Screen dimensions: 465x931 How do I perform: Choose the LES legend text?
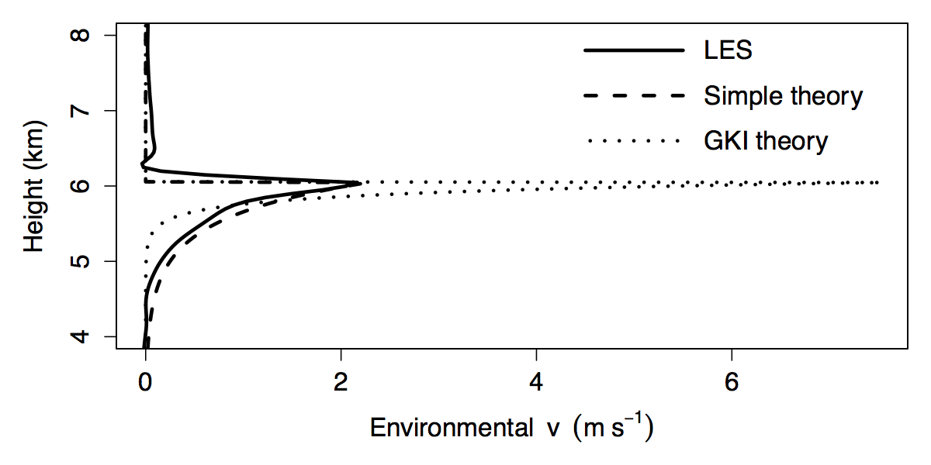pos(729,51)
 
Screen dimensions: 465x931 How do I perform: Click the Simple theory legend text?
pos(784,97)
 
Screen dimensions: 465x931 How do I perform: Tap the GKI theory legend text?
pos(767,142)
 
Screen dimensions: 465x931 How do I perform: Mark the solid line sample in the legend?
pos(634,51)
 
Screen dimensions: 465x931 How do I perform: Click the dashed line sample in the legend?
pos(634,97)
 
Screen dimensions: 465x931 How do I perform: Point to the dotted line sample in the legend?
pos(634,142)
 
